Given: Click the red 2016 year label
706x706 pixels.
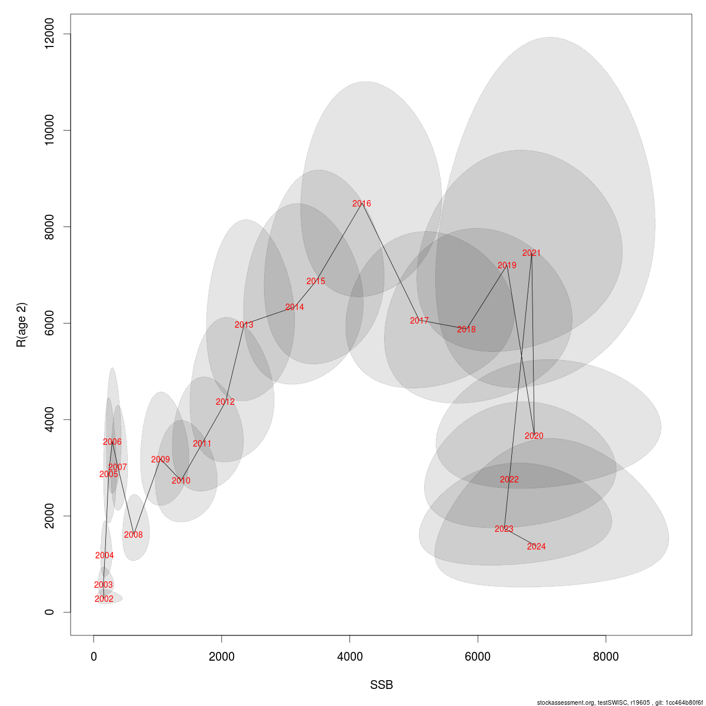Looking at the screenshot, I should coord(361,204).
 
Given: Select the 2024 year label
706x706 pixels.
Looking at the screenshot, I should coord(536,547).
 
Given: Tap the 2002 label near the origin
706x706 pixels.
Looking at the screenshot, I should coord(104,599).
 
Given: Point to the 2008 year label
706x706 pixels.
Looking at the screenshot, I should coord(133,535).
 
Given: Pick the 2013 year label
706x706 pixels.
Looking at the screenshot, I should coord(244,325).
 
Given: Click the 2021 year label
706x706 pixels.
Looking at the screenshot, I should coord(531,253).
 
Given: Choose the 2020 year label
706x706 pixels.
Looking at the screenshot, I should coord(534,436).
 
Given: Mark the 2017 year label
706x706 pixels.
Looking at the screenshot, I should coord(419,321).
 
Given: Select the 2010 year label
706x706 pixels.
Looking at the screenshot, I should coord(181,481).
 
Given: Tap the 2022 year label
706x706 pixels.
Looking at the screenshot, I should coord(509,479).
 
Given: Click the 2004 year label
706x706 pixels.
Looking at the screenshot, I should coord(104,555).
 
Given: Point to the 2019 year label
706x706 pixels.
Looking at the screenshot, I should coord(507,265).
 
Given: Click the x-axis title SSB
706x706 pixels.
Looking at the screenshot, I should coord(381,685).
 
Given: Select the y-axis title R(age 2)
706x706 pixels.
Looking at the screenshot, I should coord(22,325).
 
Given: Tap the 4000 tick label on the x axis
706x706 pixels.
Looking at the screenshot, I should coord(349,657).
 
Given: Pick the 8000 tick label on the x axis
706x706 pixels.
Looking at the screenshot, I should coord(605,657).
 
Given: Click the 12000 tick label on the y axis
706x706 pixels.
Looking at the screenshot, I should coord(49,34).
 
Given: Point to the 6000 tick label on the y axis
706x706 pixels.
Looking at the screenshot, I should coord(49,323).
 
